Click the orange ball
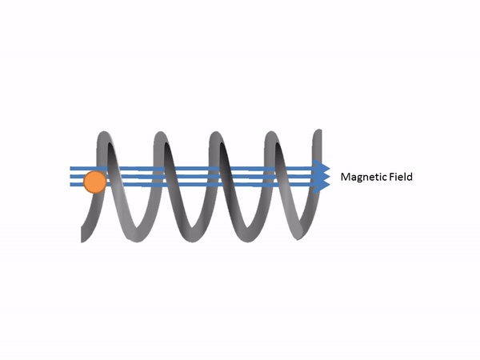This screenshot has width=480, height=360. [94, 182]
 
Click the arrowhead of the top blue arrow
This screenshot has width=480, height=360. [322, 168]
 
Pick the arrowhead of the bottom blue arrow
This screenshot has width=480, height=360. [322, 186]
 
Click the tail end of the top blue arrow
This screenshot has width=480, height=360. [72, 168]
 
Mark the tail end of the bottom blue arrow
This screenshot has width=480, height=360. [72, 186]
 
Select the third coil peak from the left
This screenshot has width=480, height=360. [216, 134]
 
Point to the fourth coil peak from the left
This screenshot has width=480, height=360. [270, 134]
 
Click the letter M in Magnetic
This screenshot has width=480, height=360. [346, 177]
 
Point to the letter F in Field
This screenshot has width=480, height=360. [390, 177]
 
